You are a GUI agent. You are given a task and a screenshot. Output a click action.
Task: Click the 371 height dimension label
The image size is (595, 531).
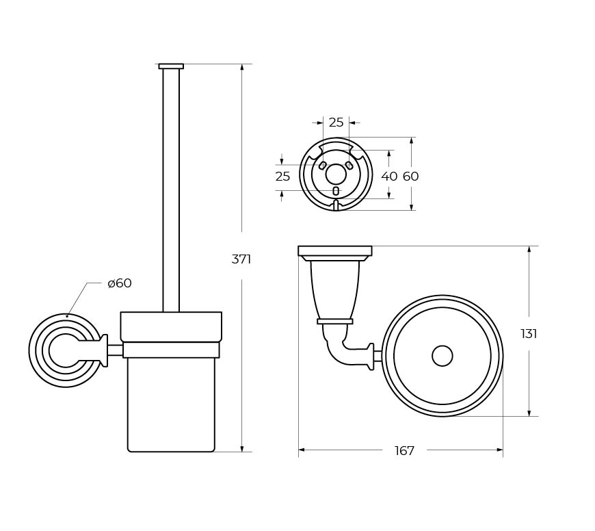click(241, 259)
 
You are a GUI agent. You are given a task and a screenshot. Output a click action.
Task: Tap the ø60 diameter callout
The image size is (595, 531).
click(120, 283)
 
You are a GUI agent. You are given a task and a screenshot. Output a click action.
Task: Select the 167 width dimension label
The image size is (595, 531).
click(404, 451)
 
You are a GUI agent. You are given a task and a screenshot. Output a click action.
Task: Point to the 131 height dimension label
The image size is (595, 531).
click(529, 334)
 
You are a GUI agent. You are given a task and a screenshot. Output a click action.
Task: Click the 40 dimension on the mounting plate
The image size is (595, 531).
click(389, 176)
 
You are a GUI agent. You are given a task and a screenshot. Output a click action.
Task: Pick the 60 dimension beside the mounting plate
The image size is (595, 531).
click(410, 176)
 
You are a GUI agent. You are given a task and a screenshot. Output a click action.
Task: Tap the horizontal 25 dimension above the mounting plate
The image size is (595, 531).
click(336, 122)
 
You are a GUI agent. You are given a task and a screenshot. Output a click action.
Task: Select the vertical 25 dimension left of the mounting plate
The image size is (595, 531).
click(282, 176)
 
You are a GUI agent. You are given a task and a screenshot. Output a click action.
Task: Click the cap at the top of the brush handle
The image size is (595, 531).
click(171, 66)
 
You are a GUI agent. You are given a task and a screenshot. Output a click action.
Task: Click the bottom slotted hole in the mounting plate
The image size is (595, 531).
click(335, 191)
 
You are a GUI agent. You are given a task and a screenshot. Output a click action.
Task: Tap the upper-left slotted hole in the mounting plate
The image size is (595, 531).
click(323, 166)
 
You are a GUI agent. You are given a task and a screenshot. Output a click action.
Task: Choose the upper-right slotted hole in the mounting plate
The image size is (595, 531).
click(349, 166)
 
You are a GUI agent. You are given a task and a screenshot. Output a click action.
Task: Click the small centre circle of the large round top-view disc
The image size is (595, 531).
click(442, 356)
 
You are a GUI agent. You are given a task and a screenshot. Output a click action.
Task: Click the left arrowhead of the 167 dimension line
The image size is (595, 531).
click(302, 450)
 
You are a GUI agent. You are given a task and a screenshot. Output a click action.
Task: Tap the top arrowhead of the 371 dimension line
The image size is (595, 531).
click(242, 67)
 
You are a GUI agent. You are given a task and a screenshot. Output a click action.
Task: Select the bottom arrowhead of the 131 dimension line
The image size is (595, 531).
click(529, 413)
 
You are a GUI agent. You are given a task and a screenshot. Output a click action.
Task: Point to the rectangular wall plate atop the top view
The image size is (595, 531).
click(335, 251)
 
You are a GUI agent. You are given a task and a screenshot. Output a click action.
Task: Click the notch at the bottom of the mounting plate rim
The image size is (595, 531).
click(335, 205)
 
